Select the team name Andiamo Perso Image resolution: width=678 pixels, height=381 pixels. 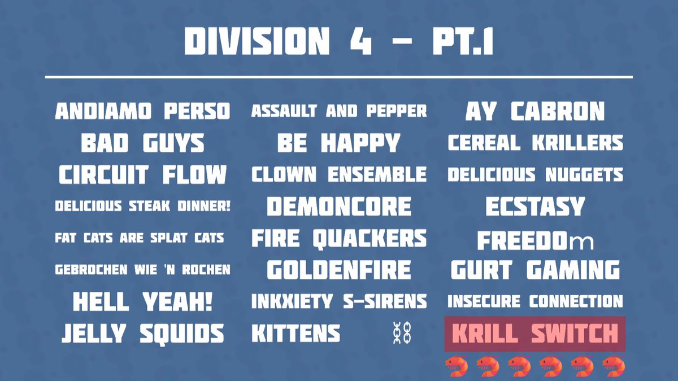pos(142,111)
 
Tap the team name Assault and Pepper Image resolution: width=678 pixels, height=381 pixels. pos(339,111)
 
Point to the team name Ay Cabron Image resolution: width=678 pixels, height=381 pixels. pos(534,112)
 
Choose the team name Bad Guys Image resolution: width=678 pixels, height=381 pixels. pos(142,143)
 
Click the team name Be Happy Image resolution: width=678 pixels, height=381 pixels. pos(339,143)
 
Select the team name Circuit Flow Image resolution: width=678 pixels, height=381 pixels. pos(142,175)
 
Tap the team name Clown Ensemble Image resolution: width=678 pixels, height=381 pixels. pos(339,175)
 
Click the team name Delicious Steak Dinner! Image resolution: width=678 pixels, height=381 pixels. pos(142,207)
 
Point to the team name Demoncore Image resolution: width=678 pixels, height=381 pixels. pos(339,207)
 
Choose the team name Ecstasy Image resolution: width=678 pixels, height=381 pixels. pos(534,207)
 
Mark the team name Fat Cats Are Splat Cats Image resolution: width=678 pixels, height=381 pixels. pos(140,238)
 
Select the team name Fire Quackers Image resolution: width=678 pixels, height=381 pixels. pos(339,238)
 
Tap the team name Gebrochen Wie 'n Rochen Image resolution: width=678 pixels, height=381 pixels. pos(142,270)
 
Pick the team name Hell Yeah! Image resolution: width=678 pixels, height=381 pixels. pos(142,302)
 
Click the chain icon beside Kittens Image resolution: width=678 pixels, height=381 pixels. pos(402,334)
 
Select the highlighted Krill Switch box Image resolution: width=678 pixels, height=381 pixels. pos(534,334)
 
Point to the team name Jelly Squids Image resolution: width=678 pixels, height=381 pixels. pos(142,334)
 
